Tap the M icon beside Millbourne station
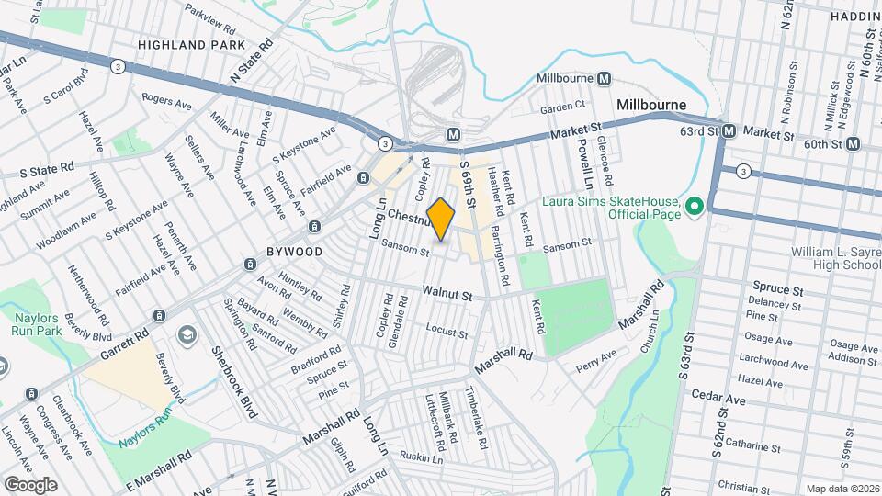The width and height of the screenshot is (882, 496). pyautogui.click(x=605, y=79)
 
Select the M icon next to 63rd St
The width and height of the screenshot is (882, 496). pyautogui.click(x=729, y=131)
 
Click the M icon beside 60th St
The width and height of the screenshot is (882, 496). pyautogui.click(x=854, y=143)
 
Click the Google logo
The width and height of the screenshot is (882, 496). pyautogui.click(x=30, y=484)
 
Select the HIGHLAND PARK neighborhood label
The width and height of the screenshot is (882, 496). pyautogui.click(x=191, y=44)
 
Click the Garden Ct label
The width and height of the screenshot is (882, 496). pyautogui.click(x=562, y=107)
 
